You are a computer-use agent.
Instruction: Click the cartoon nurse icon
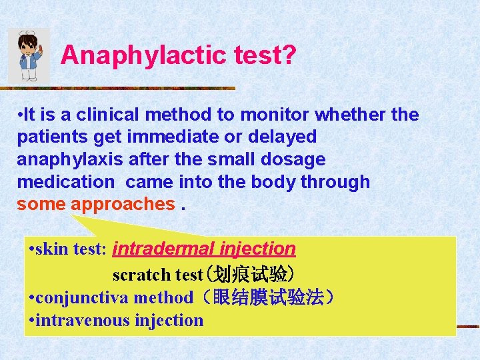click(x=29, y=56)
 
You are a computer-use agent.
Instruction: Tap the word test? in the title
click(x=265, y=55)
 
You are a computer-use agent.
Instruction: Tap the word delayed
click(x=283, y=137)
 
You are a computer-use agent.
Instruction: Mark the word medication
click(x=65, y=182)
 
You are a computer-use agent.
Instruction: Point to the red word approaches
click(x=123, y=204)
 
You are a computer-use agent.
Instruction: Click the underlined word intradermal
click(x=163, y=249)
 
